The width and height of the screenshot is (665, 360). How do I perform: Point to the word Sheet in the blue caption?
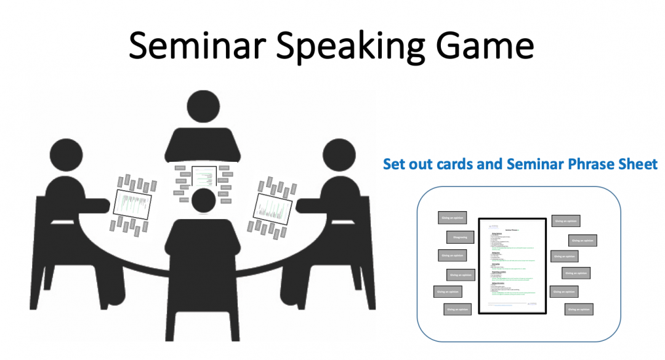pyautogui.click(x=637, y=164)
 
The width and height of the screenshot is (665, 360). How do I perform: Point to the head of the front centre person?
pyautogui.click(x=204, y=201)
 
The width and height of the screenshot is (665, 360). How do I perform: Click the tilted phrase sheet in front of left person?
pyautogui.click(x=133, y=206)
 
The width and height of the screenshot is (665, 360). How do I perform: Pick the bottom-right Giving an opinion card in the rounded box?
pyautogui.click(x=579, y=310)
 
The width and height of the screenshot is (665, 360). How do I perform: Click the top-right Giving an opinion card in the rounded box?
pyautogui.click(x=565, y=220)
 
